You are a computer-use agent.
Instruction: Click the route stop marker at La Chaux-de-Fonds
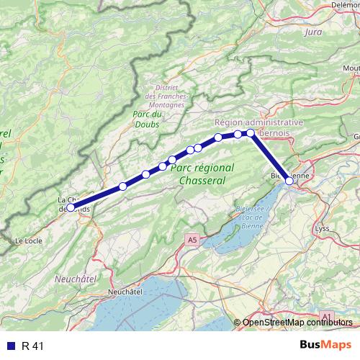point(70,207)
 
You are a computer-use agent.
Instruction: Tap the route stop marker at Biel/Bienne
point(289,181)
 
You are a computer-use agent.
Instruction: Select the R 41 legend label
point(33,346)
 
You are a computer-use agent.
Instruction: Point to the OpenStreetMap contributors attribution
point(297,323)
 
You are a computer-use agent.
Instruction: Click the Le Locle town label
point(30,240)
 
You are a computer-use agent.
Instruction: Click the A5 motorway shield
point(191,239)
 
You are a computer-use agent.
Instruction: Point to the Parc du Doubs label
point(148,119)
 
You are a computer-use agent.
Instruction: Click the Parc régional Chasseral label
point(204,173)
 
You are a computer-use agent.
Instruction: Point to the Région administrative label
point(258,122)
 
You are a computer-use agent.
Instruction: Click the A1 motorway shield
point(326,316)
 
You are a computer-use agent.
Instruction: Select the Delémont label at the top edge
point(344,4)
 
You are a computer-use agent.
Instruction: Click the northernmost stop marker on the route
point(251,132)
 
